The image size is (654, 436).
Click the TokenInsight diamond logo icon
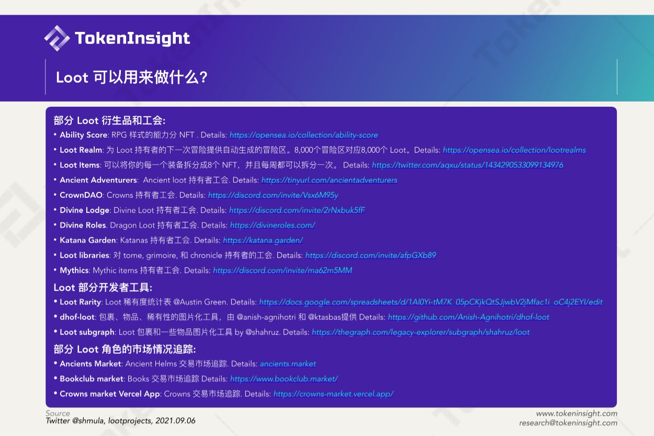(x=57, y=38)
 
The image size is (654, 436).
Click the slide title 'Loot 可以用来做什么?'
(x=132, y=77)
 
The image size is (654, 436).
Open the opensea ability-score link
(x=303, y=135)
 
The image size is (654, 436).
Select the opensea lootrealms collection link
(x=514, y=150)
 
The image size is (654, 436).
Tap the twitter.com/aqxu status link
(x=467, y=165)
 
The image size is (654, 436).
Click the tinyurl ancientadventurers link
(x=329, y=180)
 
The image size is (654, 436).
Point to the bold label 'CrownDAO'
(x=81, y=195)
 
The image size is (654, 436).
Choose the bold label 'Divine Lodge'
(x=85, y=210)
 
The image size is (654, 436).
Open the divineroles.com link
(x=273, y=226)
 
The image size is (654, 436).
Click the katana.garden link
(x=263, y=240)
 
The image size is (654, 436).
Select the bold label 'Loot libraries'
(x=85, y=255)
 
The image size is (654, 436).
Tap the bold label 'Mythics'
(x=74, y=271)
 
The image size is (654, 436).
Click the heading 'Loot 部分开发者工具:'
(x=103, y=288)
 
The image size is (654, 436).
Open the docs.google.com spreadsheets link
(x=431, y=302)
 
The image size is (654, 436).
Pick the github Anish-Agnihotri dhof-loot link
(x=468, y=317)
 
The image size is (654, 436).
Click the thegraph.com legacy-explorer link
(x=421, y=332)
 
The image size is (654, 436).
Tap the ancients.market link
(x=288, y=364)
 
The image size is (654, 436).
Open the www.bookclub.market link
(x=284, y=379)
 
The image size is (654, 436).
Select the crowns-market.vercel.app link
(x=333, y=394)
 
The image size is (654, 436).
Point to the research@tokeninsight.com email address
(x=568, y=423)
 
